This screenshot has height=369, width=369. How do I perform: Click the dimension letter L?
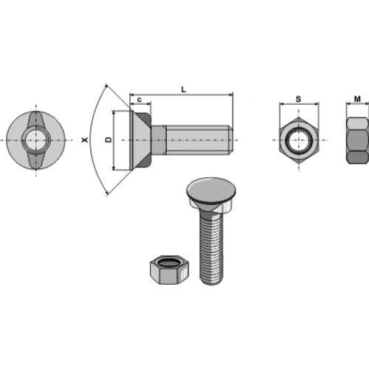tap(184, 89)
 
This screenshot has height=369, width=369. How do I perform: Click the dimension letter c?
tap(139, 100)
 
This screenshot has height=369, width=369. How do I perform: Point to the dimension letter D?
tap(108, 139)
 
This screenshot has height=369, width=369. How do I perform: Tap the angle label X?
tap(85, 140)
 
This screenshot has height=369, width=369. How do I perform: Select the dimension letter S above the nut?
tap(298, 99)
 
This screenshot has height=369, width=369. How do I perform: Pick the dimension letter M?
tap(357, 99)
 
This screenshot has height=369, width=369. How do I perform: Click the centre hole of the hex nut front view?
tap(299, 140)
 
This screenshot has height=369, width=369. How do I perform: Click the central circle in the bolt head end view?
tap(36, 140)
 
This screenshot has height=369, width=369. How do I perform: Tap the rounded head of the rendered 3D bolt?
tap(211, 190)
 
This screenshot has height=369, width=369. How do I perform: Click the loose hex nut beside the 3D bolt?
tap(170, 270)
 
